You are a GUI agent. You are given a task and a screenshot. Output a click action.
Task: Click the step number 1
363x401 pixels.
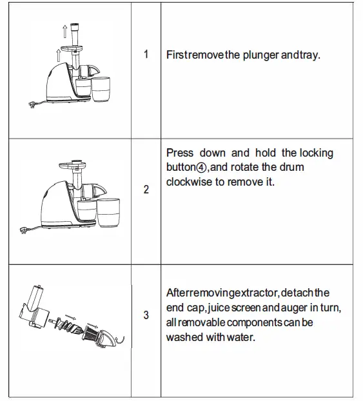(x=146, y=55)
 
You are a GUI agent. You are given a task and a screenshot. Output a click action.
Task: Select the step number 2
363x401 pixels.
(x=146, y=190)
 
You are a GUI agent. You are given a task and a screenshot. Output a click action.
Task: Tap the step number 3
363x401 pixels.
(x=146, y=315)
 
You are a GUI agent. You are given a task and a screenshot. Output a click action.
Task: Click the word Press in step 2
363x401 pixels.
(x=180, y=153)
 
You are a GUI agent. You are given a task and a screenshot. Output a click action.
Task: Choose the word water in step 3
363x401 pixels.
(x=241, y=337)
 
